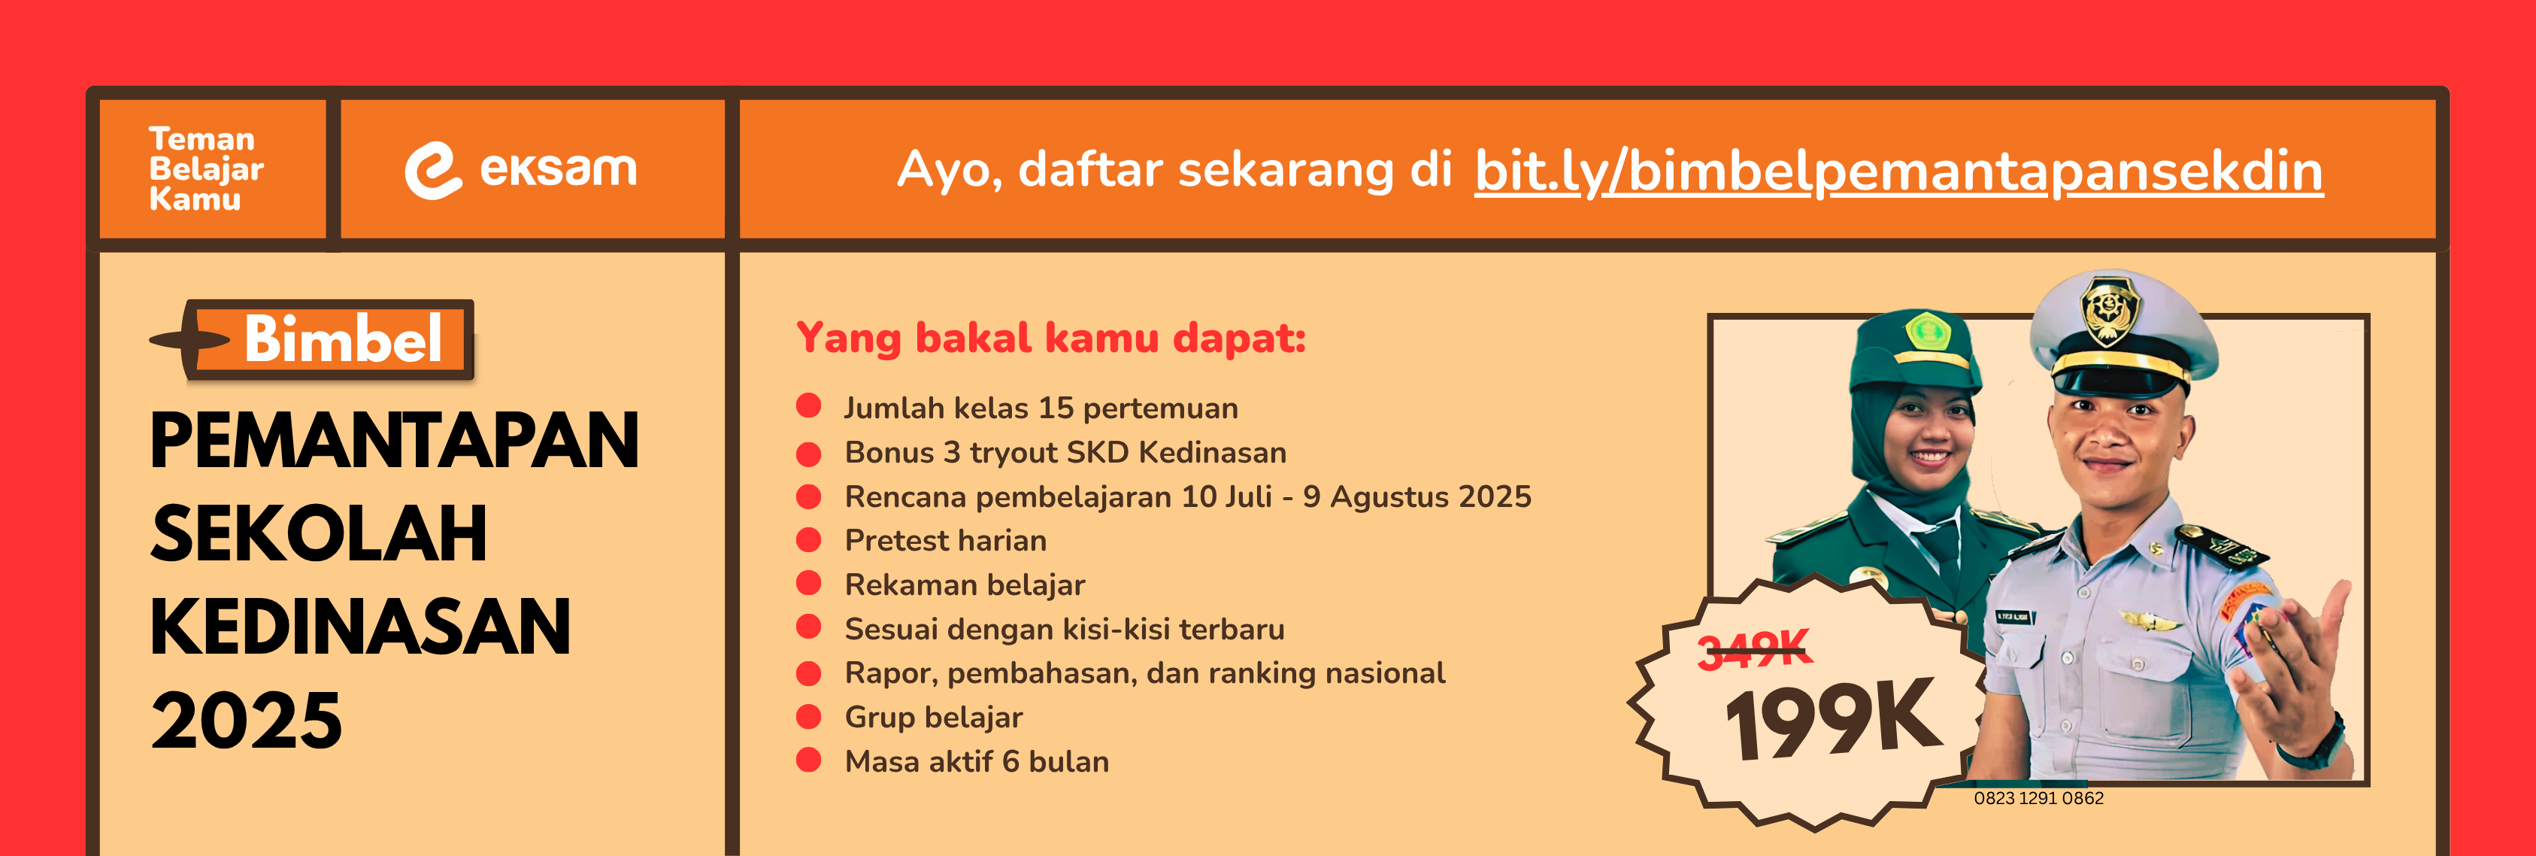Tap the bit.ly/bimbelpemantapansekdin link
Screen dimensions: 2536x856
(1898, 172)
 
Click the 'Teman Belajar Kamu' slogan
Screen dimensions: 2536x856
(206, 168)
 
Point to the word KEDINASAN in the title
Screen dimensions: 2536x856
(360, 627)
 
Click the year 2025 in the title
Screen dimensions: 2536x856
(246, 720)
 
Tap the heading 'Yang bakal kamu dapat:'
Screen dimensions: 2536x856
(1050, 338)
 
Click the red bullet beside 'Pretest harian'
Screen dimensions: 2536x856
(808, 540)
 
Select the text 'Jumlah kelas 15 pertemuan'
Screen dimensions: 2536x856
(1041, 408)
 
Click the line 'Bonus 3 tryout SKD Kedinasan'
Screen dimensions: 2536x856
(1065, 452)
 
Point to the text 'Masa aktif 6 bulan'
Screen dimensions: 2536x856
(977, 761)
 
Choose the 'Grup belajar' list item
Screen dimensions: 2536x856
(933, 717)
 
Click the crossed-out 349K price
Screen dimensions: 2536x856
(1754, 649)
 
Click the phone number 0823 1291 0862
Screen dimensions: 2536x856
(2039, 798)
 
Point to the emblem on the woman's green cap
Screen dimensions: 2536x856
(1928, 331)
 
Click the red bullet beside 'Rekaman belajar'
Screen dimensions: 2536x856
(808, 584)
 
